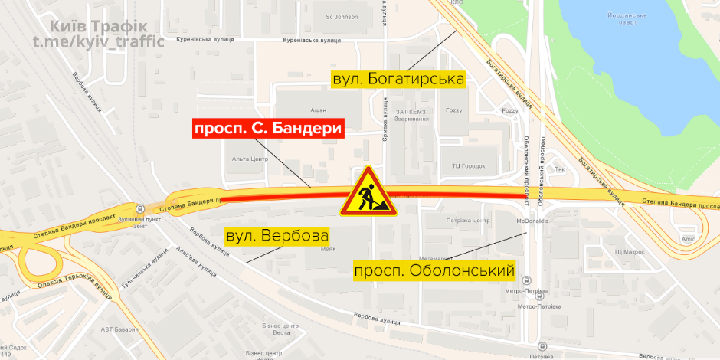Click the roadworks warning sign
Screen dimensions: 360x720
[368, 191]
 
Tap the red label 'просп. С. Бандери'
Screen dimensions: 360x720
[267, 129]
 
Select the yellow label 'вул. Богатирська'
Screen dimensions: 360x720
[398, 79]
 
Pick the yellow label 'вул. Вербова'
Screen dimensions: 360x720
[277, 235]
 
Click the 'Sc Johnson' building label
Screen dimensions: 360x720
[342, 16]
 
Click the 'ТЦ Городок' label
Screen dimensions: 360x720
[467, 166]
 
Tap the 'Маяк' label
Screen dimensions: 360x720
[328, 249]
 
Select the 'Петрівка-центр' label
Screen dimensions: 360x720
[466, 221]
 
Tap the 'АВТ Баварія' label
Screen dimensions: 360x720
[119, 329]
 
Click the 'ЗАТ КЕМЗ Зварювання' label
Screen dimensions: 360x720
[411, 116]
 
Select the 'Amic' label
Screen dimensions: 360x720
[688, 239]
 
